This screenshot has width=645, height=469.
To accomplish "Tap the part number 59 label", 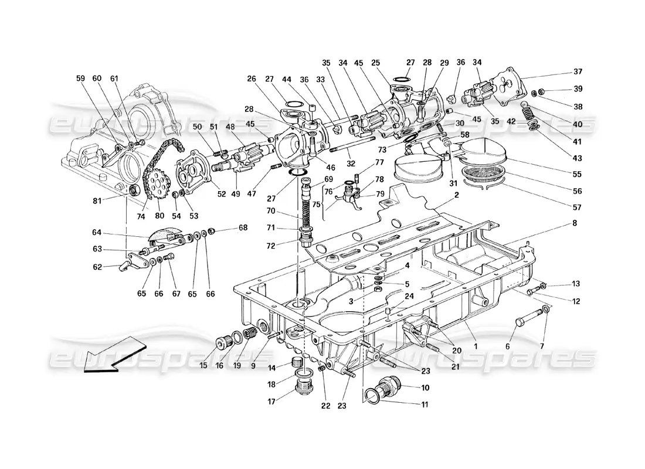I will [80, 77].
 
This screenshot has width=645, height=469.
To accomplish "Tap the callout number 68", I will [242, 227].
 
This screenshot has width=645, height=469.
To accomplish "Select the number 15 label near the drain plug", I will [203, 365].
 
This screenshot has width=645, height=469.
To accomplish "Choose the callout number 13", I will [575, 284].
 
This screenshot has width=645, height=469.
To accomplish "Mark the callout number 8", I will [575, 223].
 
